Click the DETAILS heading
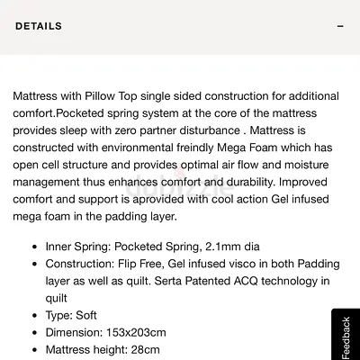pyautogui.click(x=39, y=26)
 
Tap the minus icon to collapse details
pyautogui.click(x=340, y=27)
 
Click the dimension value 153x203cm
pyautogui.click(x=139, y=332)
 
